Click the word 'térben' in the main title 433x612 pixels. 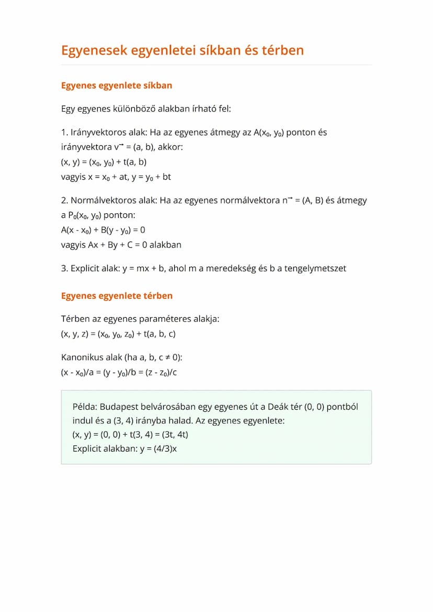pos(280,50)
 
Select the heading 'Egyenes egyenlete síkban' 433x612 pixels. pos(117,85)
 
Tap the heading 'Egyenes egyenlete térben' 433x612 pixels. pos(117,296)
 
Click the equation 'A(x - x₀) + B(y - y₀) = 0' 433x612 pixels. pos(103,230)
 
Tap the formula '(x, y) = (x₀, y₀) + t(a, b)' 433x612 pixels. pos(104,162)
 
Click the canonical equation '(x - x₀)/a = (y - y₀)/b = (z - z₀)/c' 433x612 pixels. pos(119,373)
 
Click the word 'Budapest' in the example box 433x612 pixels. pos(118,407)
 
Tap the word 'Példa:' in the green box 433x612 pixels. pos(85,407)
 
